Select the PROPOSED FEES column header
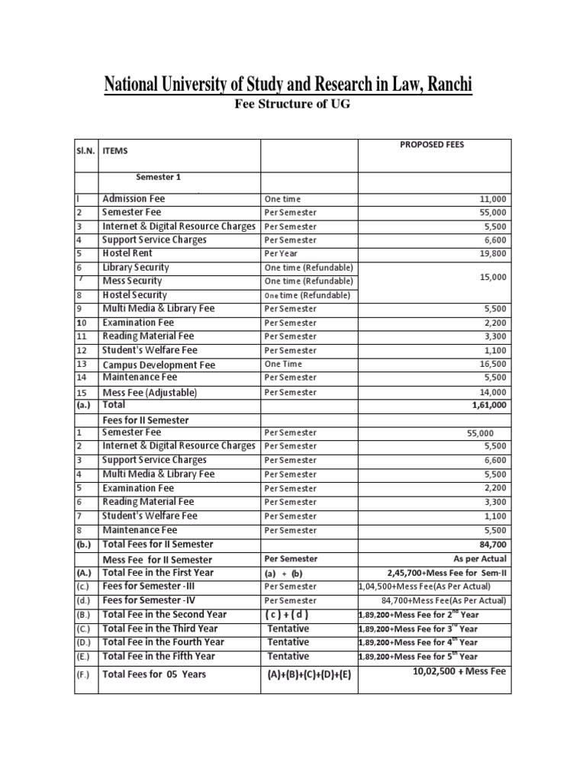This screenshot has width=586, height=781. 431,145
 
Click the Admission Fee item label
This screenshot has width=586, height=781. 134,198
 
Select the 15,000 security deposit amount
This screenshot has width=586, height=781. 492,278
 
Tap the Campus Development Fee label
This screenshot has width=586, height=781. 159,365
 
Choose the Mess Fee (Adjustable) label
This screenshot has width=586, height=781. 150,392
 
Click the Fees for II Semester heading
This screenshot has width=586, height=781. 145,420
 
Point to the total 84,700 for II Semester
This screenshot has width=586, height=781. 492,545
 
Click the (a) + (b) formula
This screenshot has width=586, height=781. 283,573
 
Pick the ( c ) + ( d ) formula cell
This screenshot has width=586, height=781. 287,615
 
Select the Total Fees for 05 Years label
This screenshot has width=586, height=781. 154,674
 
